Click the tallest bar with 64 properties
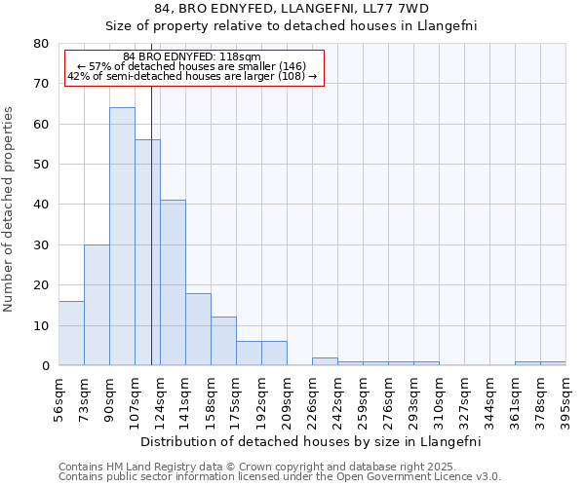122,237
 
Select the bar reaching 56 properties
147,252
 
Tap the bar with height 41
173,282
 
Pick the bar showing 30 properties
97,305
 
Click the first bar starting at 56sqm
71,333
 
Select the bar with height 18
198,329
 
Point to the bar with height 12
223,341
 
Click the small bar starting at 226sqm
325,361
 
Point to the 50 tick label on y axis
40,165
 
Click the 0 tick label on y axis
44,366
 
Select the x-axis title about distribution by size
311,441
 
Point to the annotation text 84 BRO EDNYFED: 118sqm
192,56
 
